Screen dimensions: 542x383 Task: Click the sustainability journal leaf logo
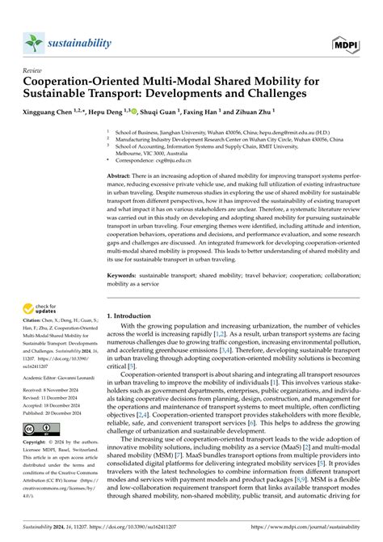[34, 43]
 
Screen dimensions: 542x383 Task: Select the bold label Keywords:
[121, 275]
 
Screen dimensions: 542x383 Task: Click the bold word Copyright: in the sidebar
[36, 442]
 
